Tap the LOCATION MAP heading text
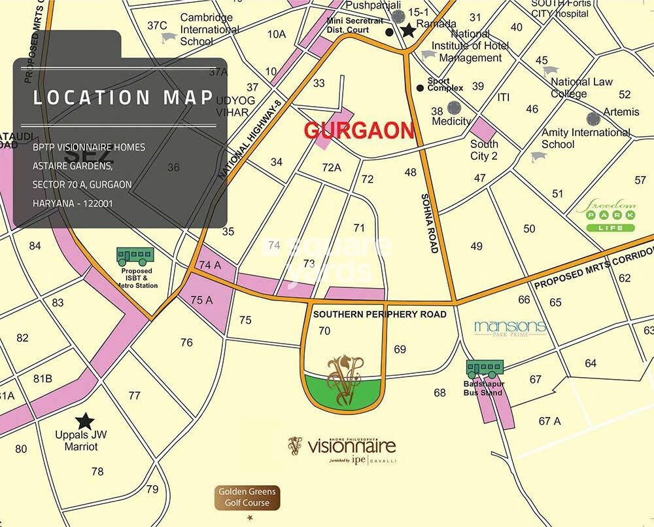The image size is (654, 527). pyautogui.click(x=124, y=98)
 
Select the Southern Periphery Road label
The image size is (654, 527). pyautogui.click(x=379, y=314)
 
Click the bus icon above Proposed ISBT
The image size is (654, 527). pyautogui.click(x=135, y=255)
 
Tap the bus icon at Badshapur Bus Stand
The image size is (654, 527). pyautogui.click(x=485, y=370)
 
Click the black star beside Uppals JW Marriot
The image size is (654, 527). pyautogui.click(x=84, y=422)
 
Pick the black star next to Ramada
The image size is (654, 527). pyautogui.click(x=409, y=30)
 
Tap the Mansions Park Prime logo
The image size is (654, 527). pyautogui.click(x=509, y=327)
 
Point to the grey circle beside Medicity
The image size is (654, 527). pyautogui.click(x=454, y=108)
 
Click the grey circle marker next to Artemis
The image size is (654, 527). pyautogui.click(x=594, y=118)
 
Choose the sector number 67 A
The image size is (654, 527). pyautogui.click(x=549, y=421)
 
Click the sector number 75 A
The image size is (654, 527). pyautogui.click(x=201, y=300)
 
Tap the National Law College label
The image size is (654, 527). pyautogui.click(x=581, y=88)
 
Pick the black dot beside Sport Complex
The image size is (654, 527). pyautogui.click(x=420, y=88)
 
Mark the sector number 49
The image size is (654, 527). pyautogui.click(x=476, y=246)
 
